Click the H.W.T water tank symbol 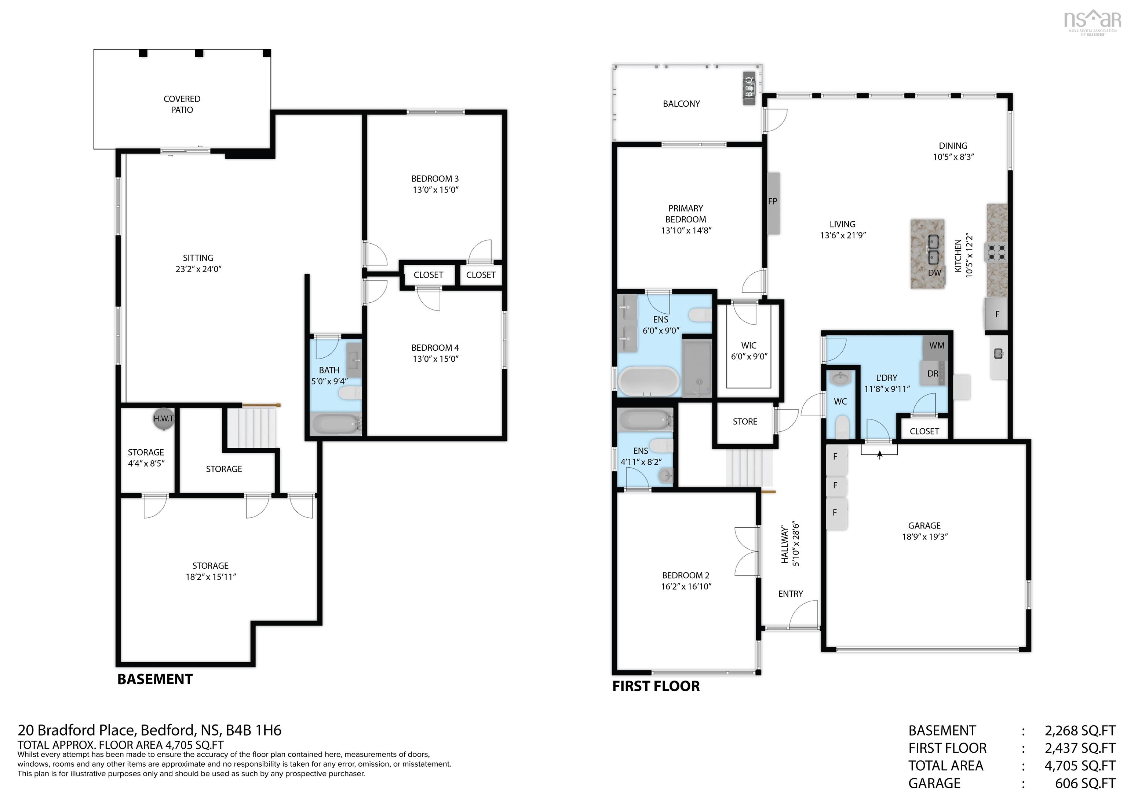click(163, 419)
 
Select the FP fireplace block click(773, 203)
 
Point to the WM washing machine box click(937, 346)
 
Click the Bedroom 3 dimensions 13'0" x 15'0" click(435, 190)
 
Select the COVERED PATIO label click(182, 104)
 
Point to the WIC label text click(748, 346)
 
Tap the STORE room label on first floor click(745, 422)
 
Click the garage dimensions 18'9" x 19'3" click(924, 537)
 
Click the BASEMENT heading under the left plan click(155, 679)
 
